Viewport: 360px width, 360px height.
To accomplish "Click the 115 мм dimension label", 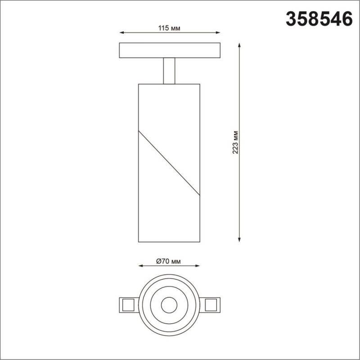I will click(169, 28).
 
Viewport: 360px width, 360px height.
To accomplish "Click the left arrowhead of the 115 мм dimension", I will click(121, 33).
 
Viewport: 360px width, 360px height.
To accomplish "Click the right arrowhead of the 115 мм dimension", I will click(218, 33).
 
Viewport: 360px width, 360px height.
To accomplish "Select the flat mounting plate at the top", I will click(170, 50).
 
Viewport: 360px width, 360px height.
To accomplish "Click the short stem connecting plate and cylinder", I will click(170, 71).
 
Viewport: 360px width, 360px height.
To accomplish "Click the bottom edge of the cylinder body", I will click(169, 242).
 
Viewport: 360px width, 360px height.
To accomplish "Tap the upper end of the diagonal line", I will click(139, 131).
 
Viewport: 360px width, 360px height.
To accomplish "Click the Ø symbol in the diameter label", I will click(158, 261).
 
